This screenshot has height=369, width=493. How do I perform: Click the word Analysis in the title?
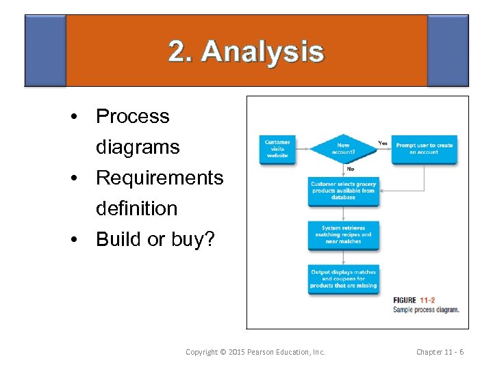pyautogui.click(x=263, y=53)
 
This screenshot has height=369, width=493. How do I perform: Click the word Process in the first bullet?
pyautogui.click(x=132, y=116)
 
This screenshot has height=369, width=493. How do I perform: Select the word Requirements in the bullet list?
pyautogui.click(x=160, y=178)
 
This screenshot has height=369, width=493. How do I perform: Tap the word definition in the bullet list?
pyautogui.click(x=136, y=208)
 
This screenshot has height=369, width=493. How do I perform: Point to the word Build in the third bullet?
pyautogui.click(x=120, y=239)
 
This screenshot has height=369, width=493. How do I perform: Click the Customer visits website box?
pyautogui.click(x=277, y=149)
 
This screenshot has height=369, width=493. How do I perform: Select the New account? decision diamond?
pyautogui.click(x=343, y=148)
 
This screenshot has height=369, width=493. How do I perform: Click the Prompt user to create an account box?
pyautogui.click(x=425, y=148)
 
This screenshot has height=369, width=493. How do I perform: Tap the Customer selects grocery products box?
pyautogui.click(x=343, y=191)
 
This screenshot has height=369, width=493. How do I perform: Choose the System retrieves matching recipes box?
pyautogui.click(x=343, y=234)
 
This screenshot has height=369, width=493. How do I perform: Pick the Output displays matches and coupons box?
pyautogui.click(x=343, y=279)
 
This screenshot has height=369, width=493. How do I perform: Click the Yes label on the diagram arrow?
pyautogui.click(x=383, y=143)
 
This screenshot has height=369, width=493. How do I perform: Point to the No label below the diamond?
pyautogui.click(x=350, y=168)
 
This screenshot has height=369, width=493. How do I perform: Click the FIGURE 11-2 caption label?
pyautogui.click(x=414, y=300)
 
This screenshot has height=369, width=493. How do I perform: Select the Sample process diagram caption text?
pyautogui.click(x=426, y=310)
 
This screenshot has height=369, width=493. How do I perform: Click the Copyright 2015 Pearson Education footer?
pyautogui.click(x=255, y=352)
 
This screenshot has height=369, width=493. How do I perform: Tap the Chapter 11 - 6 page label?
pyautogui.click(x=440, y=352)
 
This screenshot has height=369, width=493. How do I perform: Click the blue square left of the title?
pyautogui.click(x=45, y=51)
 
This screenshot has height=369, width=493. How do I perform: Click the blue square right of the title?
pyautogui.click(x=448, y=51)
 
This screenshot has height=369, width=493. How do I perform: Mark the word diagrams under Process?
pyautogui.click(x=138, y=147)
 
